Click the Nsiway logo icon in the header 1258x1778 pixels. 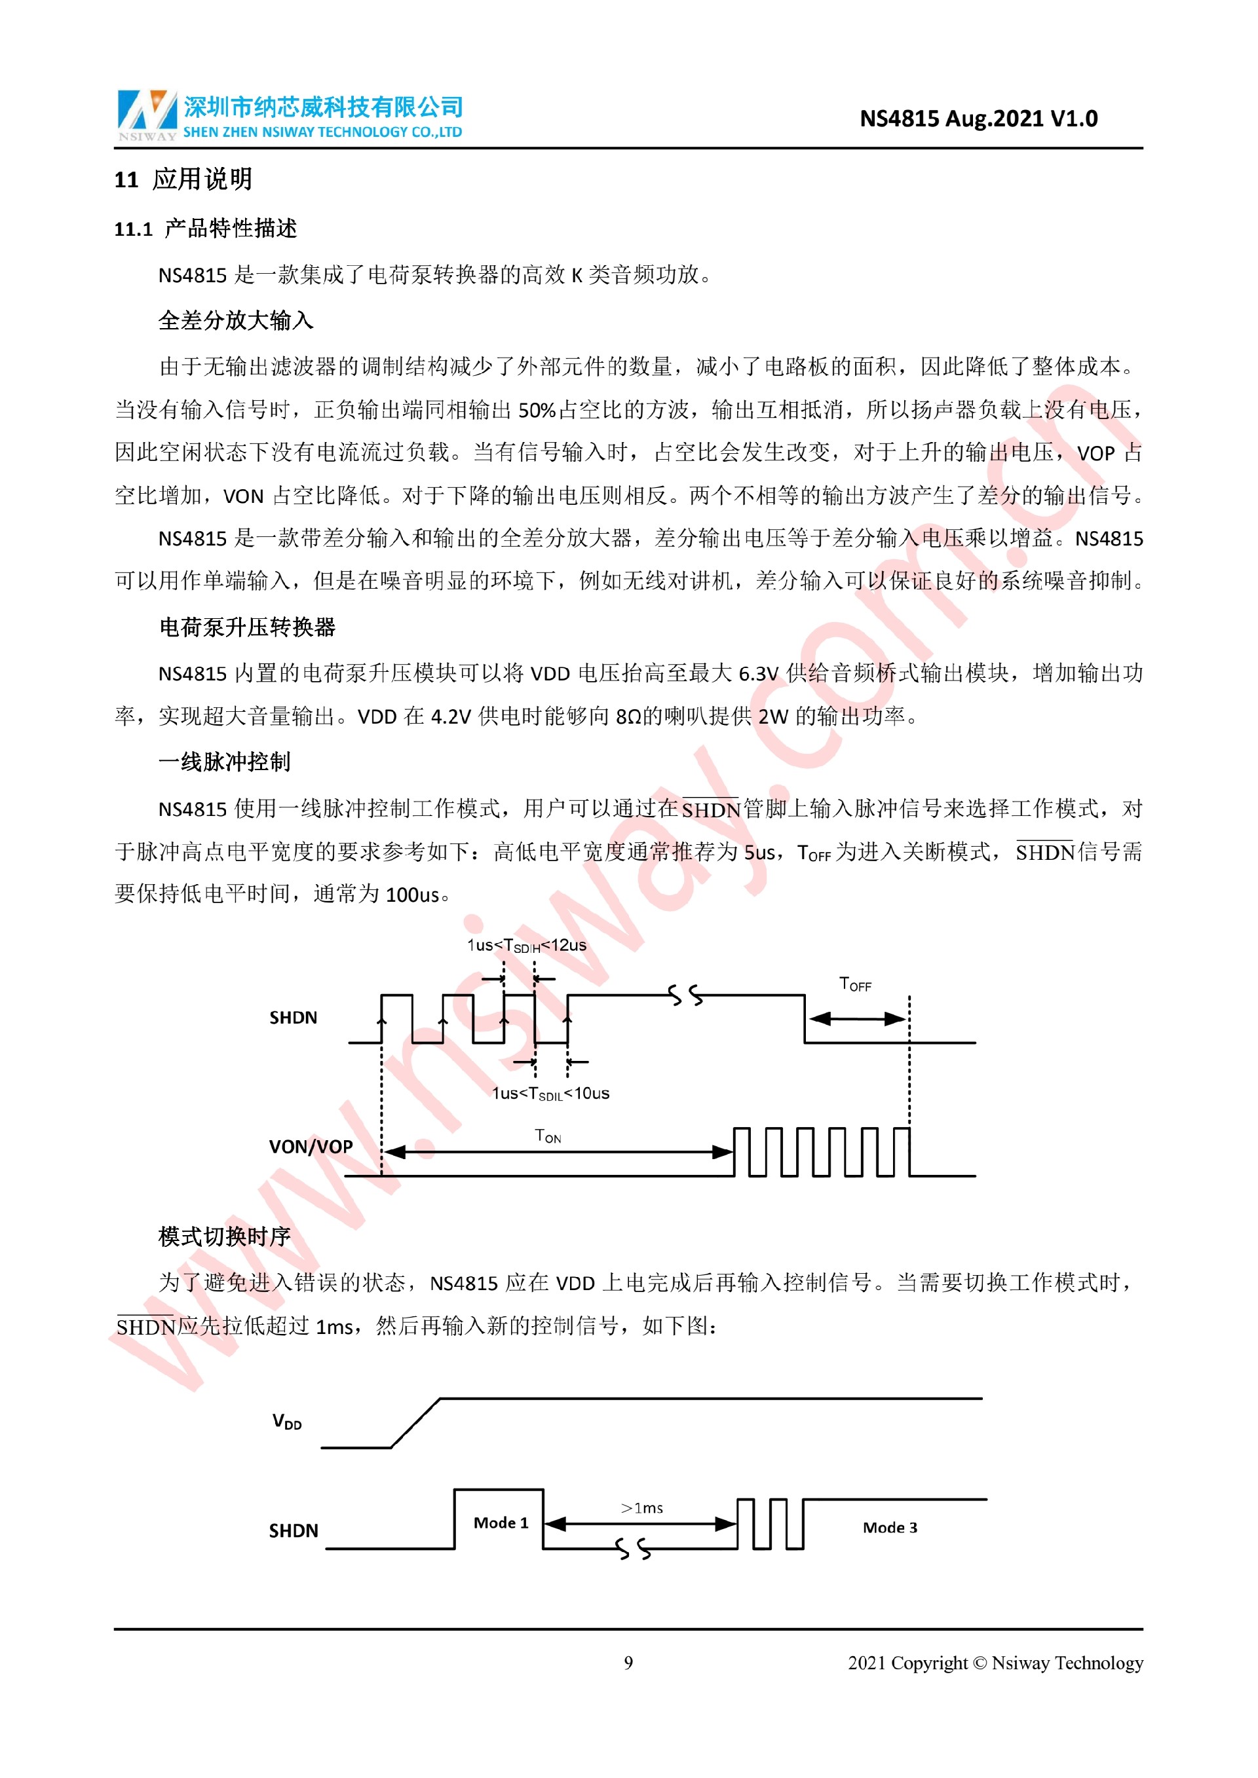coord(146,113)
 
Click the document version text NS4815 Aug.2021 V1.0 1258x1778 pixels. coord(978,119)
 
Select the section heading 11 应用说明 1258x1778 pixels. coord(183,179)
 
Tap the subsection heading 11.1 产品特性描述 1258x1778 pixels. coord(205,229)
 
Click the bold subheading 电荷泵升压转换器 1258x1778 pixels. coord(247,627)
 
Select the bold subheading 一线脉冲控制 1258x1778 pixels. coord(225,762)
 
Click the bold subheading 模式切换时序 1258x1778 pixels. coord(225,1236)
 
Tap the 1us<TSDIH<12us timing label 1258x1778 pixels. coord(526,946)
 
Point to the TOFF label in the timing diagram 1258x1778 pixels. coord(855,984)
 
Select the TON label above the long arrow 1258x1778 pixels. coord(548,1136)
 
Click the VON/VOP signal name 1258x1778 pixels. coord(311,1147)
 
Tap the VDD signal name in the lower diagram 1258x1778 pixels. coord(286,1421)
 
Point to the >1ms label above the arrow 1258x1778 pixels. coord(641,1508)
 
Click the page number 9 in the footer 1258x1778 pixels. coord(628,1663)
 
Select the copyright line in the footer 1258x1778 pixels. coord(995,1663)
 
